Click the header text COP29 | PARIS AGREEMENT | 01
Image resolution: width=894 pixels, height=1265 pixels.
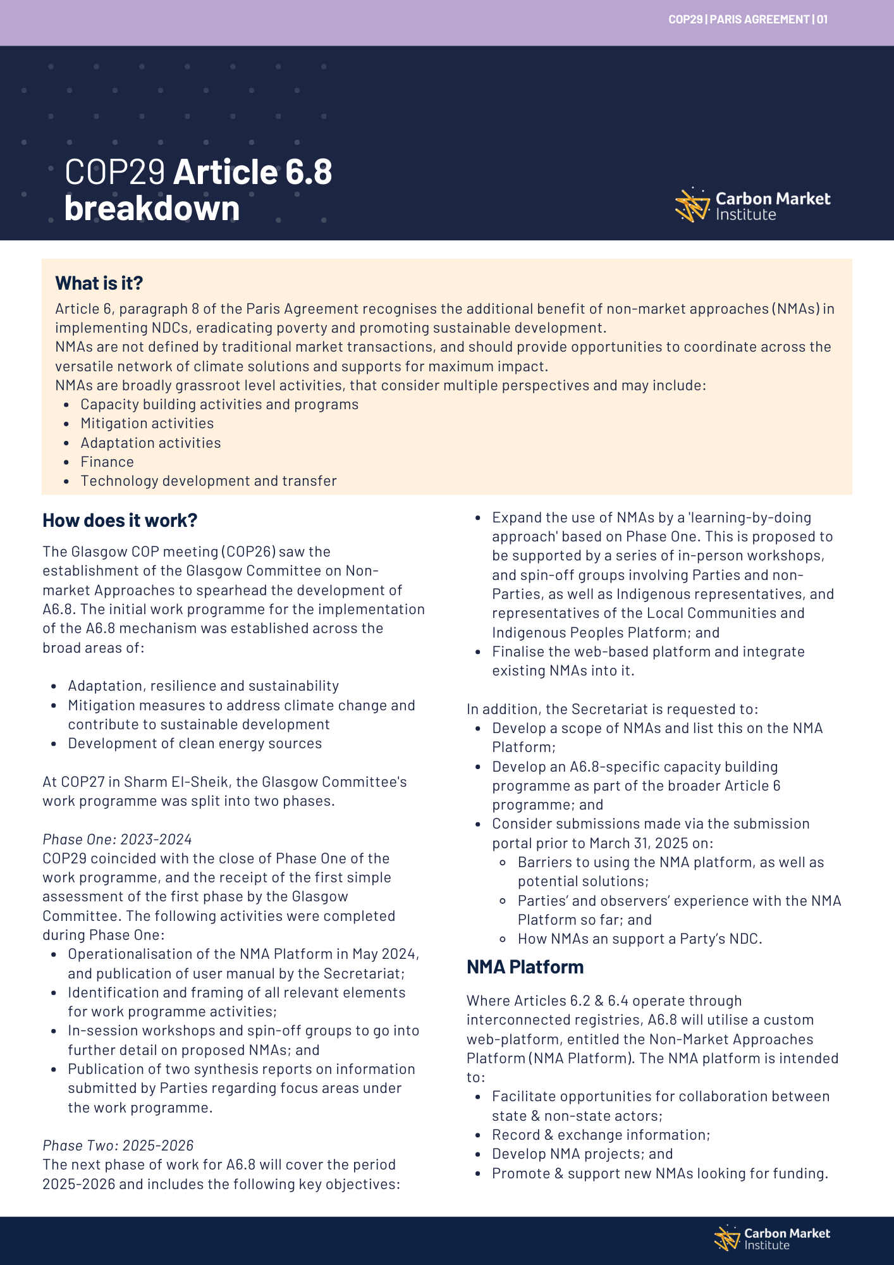[x=747, y=20]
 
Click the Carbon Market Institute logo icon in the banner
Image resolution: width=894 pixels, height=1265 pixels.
[x=692, y=205]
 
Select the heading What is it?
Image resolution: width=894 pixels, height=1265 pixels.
[x=99, y=283]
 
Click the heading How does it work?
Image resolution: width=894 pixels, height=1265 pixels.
[x=119, y=520]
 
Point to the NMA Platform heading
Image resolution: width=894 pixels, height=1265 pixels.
[x=525, y=966]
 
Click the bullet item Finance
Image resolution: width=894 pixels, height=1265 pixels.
[x=107, y=462]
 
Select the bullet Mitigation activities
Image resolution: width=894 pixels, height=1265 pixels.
[x=147, y=423]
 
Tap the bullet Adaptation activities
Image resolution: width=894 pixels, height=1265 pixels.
[x=150, y=443]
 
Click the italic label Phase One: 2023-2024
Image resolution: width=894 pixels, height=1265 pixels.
[x=117, y=839]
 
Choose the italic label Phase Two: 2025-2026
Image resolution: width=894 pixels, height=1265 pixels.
[x=118, y=1145]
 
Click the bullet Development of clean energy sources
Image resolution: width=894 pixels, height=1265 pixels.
[x=195, y=743]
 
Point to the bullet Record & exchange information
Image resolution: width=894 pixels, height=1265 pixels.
[x=601, y=1135]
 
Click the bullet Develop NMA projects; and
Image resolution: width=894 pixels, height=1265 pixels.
[x=582, y=1154]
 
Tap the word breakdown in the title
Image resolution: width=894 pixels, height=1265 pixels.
[x=152, y=208]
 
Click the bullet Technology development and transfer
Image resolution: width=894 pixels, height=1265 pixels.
[x=208, y=481]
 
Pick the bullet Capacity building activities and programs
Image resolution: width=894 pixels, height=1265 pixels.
[x=219, y=404]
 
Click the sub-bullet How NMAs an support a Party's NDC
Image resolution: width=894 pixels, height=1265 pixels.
[x=639, y=939]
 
